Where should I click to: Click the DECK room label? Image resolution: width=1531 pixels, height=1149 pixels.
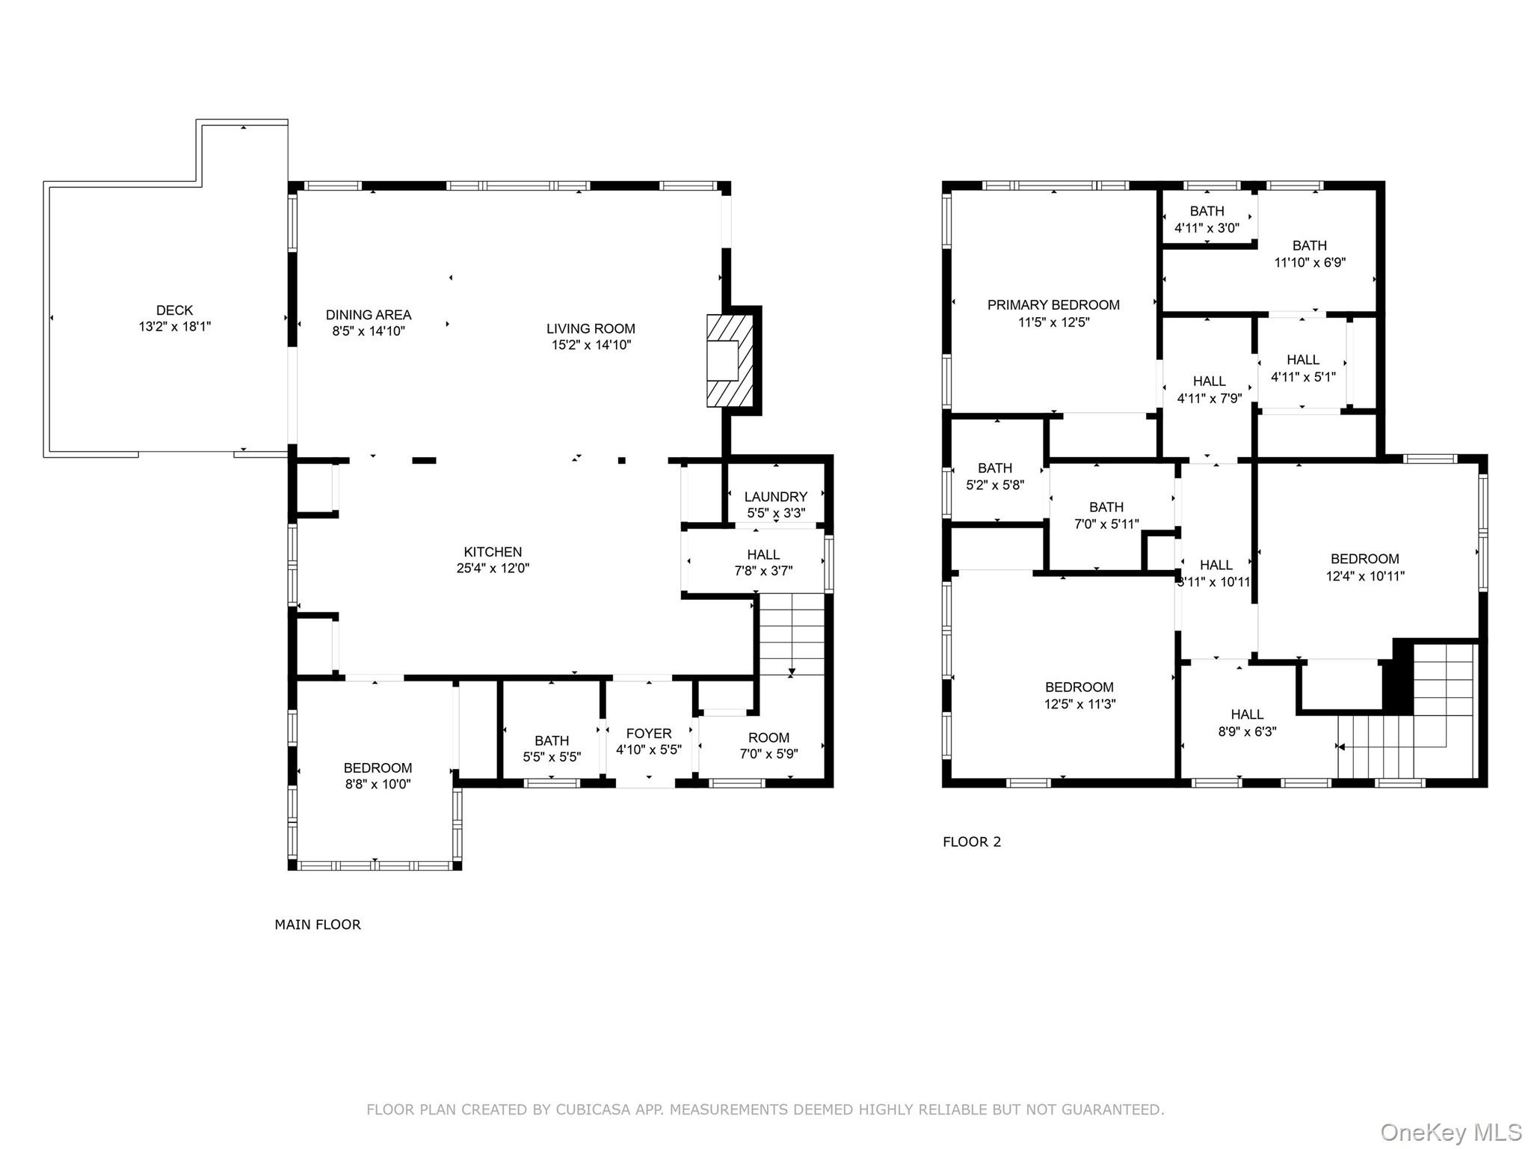(x=174, y=310)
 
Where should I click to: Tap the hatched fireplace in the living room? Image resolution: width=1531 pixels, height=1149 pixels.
(x=730, y=361)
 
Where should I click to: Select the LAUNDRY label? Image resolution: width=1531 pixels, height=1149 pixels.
(x=775, y=497)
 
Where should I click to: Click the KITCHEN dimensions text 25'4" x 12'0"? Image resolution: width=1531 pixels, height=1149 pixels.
(x=493, y=569)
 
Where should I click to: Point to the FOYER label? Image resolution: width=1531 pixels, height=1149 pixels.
(x=648, y=734)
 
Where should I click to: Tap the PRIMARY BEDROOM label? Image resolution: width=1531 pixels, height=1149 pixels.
(x=1053, y=305)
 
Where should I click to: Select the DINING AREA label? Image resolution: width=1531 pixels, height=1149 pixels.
(x=368, y=315)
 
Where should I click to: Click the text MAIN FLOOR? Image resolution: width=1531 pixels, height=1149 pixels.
(x=318, y=925)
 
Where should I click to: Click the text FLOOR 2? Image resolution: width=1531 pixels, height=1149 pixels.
(x=971, y=842)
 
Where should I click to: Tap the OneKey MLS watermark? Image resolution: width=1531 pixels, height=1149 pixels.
(x=1450, y=1132)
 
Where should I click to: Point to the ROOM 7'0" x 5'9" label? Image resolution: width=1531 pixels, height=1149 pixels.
(x=768, y=738)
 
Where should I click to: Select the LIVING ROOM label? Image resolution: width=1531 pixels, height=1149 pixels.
(x=590, y=328)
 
